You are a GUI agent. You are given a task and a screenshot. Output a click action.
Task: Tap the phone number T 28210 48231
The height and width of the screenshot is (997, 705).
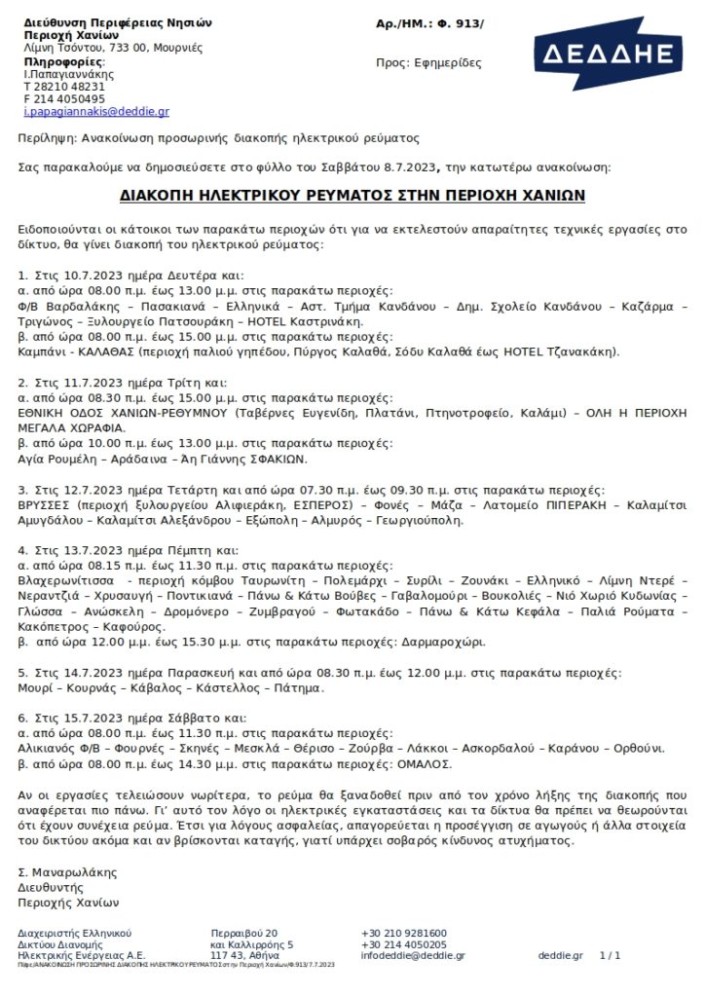tap(63, 86)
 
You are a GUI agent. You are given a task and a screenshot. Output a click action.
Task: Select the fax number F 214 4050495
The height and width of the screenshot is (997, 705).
tap(64, 98)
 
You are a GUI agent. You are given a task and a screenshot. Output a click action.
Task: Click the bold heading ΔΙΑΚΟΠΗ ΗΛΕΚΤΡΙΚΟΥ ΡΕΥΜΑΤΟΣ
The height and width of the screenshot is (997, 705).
tap(352, 194)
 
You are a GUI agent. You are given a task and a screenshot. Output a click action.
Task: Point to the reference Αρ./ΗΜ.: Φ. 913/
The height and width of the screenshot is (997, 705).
tap(428, 22)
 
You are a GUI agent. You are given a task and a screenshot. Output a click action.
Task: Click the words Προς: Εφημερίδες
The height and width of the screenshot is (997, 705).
tap(428, 62)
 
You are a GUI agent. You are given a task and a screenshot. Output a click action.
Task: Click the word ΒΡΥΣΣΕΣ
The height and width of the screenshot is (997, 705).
tap(46, 506)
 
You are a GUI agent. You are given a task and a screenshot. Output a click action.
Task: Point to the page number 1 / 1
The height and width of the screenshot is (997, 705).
tap(611, 955)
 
